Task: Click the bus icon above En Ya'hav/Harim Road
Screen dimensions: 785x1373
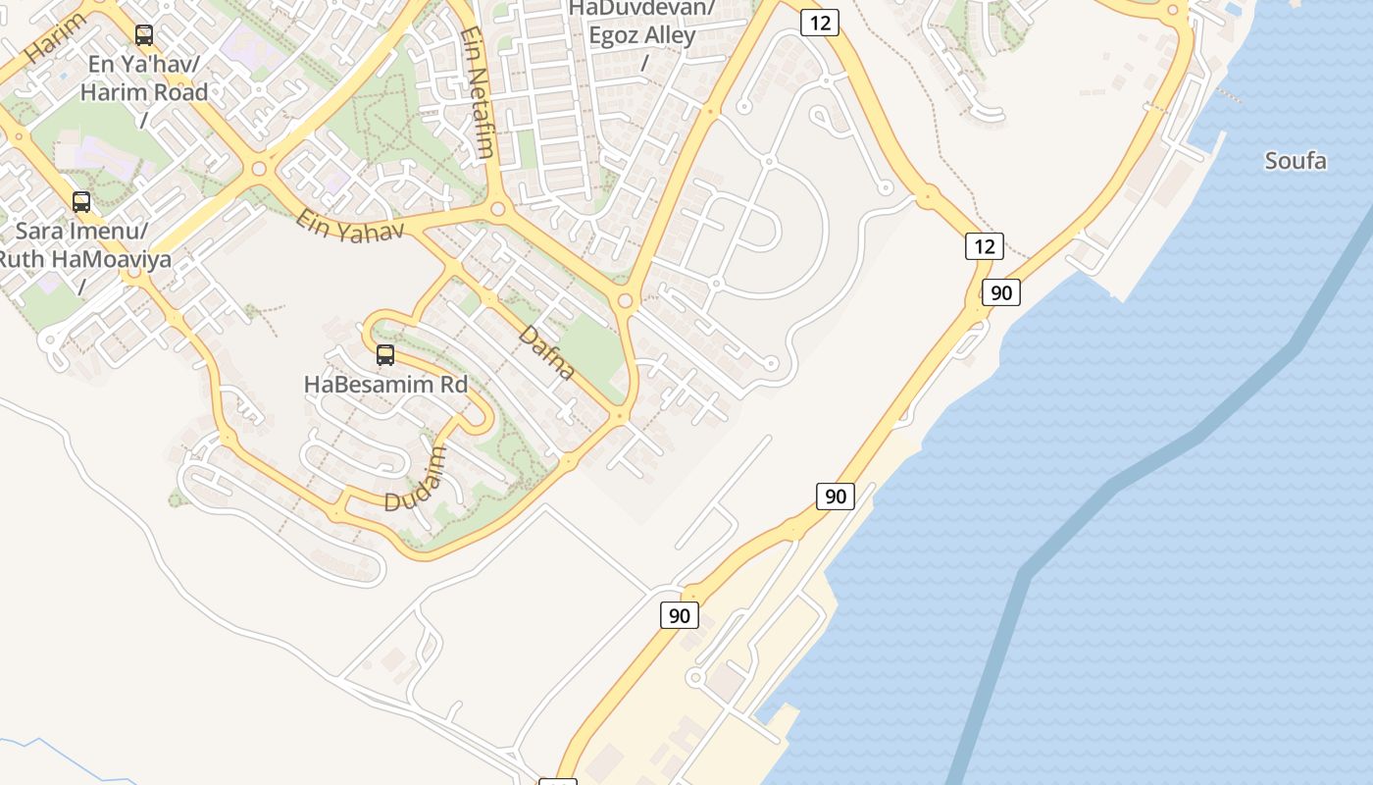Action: (144, 35)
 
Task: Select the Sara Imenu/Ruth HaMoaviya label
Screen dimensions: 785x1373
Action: (82, 245)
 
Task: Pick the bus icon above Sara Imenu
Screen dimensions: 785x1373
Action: (81, 202)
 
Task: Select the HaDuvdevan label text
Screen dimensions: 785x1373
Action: (642, 9)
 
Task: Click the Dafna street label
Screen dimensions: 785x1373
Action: (546, 352)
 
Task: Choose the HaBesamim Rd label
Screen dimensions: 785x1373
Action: (385, 384)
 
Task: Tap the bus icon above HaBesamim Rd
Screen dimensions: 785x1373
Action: (385, 355)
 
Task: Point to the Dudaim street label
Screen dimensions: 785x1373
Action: (416, 481)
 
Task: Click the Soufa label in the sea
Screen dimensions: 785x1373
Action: (1296, 161)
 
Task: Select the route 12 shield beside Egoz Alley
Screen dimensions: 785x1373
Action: (819, 23)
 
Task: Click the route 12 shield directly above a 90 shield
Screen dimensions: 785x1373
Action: (984, 245)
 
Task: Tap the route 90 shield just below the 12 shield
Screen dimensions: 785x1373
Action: (1000, 292)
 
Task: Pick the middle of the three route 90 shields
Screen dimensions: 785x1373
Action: (835, 496)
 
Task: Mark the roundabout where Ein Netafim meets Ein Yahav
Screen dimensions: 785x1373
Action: (497, 208)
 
